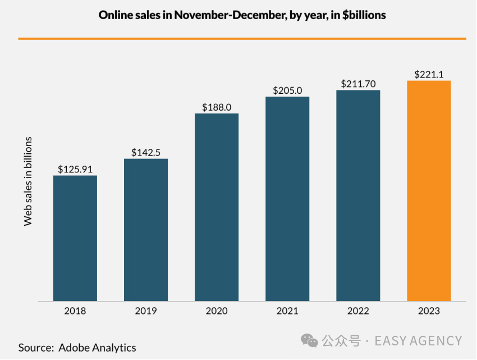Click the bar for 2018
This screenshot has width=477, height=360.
tap(75, 238)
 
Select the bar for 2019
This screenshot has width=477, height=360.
tap(146, 230)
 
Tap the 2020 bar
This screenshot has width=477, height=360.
tap(217, 207)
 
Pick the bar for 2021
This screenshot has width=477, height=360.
tap(287, 199)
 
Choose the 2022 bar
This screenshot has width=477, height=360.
tap(358, 195)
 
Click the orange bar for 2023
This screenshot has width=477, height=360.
tap(429, 191)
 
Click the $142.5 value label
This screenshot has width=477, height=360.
tap(146, 152)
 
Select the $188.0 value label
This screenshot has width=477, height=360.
tap(217, 107)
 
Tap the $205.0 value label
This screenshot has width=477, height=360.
tap(287, 90)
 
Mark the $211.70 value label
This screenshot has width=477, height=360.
tap(358, 84)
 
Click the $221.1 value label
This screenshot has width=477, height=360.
tap(429, 74)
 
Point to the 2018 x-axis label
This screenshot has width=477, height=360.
tap(75, 311)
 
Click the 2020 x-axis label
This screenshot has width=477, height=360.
tap(217, 311)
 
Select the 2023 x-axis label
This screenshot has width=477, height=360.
tap(429, 311)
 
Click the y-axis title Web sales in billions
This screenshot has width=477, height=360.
tap(28, 181)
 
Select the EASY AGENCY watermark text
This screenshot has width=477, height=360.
tap(418, 340)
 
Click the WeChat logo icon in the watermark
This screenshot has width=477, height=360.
tap(309, 340)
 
